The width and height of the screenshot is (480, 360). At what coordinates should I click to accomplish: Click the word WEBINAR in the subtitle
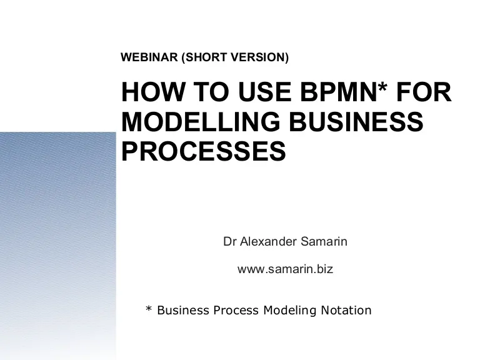pyautogui.click(x=149, y=57)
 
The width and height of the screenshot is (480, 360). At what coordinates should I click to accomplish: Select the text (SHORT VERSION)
pyautogui.click(x=235, y=57)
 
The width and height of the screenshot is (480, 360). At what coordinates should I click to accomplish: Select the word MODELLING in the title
pyautogui.click(x=201, y=121)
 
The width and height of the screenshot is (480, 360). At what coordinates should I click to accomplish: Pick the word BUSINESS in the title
pyautogui.click(x=356, y=121)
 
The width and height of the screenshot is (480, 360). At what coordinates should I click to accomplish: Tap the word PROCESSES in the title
pyautogui.click(x=204, y=151)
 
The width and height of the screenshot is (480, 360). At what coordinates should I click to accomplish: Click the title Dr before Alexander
pyautogui.click(x=229, y=241)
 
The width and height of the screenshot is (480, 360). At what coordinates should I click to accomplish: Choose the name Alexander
pyautogui.click(x=268, y=241)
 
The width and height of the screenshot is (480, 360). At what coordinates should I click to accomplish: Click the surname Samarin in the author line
pyautogui.click(x=324, y=241)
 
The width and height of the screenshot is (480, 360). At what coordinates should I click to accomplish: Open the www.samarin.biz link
pyautogui.click(x=285, y=269)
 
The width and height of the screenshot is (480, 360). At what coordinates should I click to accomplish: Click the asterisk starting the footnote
pyautogui.click(x=149, y=309)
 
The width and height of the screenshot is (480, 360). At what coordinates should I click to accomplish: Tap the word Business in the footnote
pyautogui.click(x=183, y=310)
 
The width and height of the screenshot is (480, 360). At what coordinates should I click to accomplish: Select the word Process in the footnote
pyautogui.click(x=236, y=310)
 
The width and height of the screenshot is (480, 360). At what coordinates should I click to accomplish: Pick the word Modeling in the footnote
pyautogui.click(x=290, y=311)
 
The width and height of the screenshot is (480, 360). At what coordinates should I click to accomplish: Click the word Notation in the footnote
pyautogui.click(x=346, y=310)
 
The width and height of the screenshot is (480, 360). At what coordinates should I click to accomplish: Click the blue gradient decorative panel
pyautogui.click(x=58, y=246)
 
